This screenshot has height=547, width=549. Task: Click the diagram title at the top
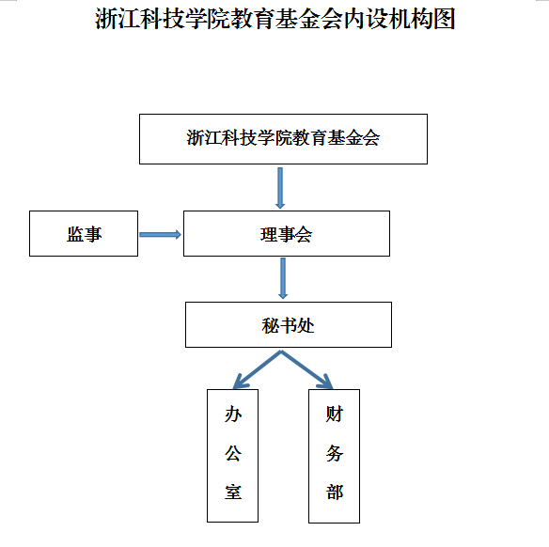pyautogui.click(x=274, y=19)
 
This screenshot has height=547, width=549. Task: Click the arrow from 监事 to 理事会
pyautogui.click(x=160, y=234)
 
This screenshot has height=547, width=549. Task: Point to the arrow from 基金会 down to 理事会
pyautogui.click(x=280, y=188)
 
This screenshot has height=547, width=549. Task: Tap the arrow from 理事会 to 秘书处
pyautogui.click(x=283, y=278)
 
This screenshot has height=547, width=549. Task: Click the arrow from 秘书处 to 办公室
pyautogui.click(x=258, y=370)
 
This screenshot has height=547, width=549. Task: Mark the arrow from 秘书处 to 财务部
pyautogui.click(x=306, y=370)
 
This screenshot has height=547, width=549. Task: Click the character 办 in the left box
pyautogui.click(x=233, y=414)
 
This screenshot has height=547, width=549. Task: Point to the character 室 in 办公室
pyautogui.click(x=233, y=492)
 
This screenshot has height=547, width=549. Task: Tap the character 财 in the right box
pyautogui.click(x=335, y=414)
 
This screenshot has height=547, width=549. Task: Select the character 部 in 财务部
pyautogui.click(x=335, y=492)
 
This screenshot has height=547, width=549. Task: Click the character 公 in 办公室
pyautogui.click(x=233, y=453)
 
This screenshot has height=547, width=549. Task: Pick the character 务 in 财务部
pyautogui.click(x=335, y=453)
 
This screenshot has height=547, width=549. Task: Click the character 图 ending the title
pyautogui.click(x=445, y=19)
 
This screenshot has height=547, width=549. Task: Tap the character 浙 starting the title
pyautogui.click(x=105, y=19)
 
